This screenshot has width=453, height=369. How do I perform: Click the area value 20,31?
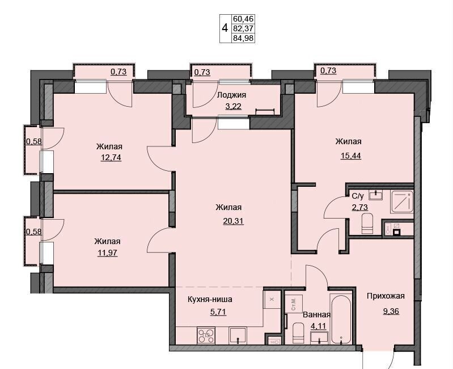point(233,221)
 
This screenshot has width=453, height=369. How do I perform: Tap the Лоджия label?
point(232,95)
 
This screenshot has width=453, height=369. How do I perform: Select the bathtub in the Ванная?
point(341,319)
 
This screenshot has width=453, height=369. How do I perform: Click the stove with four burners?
point(206,336)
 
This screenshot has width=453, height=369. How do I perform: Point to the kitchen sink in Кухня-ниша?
point(238,336)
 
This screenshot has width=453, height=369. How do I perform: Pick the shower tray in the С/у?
point(402,202)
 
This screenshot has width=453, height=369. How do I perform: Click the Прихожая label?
point(386,296)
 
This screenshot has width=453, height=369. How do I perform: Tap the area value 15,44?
point(351,156)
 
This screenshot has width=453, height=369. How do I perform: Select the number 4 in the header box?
point(225,28)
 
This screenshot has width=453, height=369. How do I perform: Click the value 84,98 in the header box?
point(243,38)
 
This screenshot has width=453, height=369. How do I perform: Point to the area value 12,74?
point(111,157)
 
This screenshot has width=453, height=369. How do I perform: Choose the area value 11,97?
point(108,253)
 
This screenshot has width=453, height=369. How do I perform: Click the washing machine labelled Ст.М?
point(294,304)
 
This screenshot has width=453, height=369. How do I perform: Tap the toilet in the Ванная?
point(298,333)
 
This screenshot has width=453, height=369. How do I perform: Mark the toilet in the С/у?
point(367,223)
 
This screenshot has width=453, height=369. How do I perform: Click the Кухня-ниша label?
point(210,299)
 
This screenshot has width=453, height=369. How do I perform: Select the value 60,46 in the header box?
point(243,19)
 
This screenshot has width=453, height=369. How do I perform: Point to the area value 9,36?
point(391,311)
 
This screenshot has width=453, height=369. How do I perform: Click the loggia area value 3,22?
point(233,106)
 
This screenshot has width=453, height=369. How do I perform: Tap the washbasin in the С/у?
point(376,195)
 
